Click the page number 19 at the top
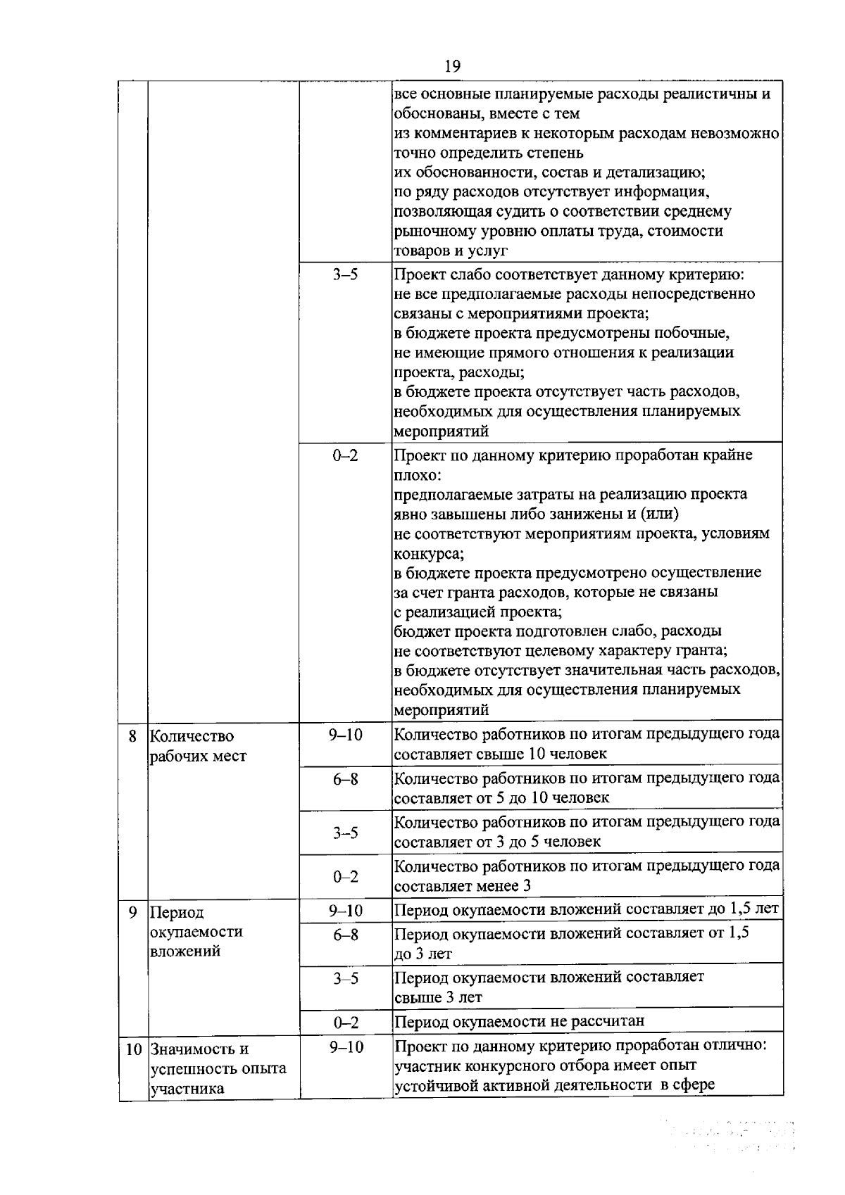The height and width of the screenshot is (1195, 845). (452, 66)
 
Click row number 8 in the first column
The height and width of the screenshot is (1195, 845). (132, 737)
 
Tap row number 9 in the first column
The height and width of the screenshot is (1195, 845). (132, 913)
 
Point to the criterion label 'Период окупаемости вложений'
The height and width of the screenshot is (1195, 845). (196, 932)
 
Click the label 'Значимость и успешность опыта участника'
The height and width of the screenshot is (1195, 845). (218, 1068)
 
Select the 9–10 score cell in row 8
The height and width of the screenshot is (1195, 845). (345, 735)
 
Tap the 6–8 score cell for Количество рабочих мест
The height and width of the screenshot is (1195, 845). (345, 780)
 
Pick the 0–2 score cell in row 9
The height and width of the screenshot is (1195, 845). (345, 1022)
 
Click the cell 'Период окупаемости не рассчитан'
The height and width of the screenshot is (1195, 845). (519, 1021)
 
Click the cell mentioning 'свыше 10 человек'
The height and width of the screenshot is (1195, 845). (586, 745)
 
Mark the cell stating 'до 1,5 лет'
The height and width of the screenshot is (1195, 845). (586, 909)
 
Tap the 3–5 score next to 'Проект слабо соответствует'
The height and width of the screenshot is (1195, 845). (345, 274)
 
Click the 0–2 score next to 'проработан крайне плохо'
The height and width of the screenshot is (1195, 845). (345, 455)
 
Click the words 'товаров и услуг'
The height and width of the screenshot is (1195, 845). (451, 251)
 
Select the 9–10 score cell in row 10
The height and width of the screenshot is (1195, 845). (345, 1047)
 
